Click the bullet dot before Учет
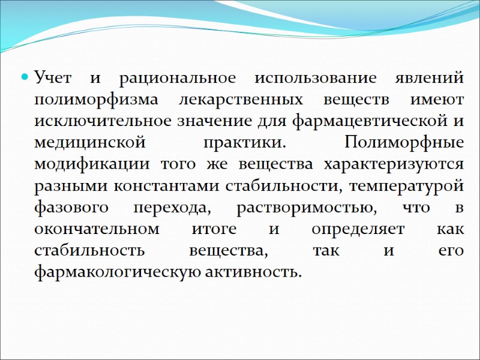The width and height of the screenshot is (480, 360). point(25,78)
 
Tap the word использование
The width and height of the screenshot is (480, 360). point(316,78)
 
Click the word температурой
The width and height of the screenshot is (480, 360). point(408,186)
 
